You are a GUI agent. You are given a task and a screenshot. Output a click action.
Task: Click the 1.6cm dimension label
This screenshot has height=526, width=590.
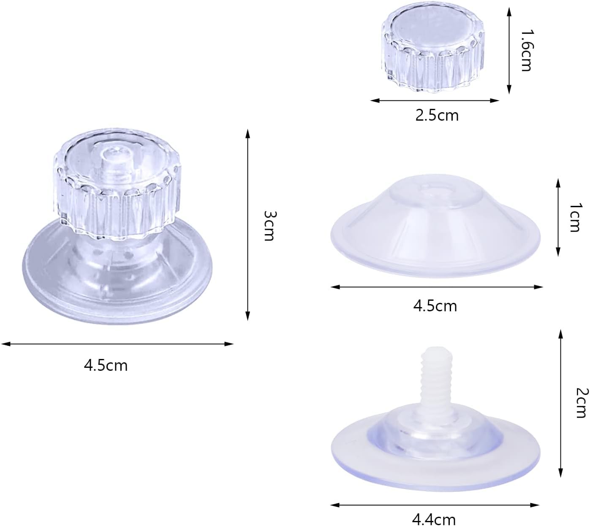[527, 50]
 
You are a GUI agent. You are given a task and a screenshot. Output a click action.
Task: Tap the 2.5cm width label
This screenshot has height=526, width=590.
[437, 116]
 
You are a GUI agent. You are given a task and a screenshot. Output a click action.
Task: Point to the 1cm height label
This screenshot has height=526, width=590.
[574, 217]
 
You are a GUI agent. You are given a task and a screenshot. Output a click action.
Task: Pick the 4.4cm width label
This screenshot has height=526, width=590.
[434, 519]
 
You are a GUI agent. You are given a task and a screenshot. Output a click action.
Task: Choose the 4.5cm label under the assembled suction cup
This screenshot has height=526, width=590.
[106, 365]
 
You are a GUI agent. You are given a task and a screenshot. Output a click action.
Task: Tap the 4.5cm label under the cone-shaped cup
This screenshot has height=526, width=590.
[435, 306]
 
